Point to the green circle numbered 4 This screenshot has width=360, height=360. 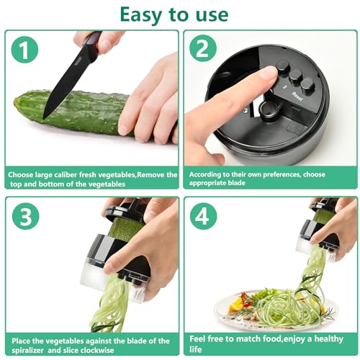tap(204, 217)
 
